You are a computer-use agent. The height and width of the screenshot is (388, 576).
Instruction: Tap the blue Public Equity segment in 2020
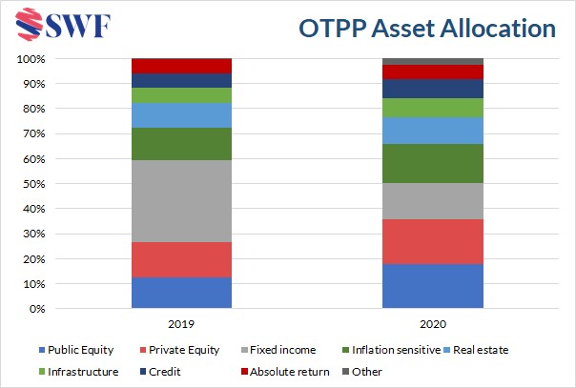click(x=432, y=286)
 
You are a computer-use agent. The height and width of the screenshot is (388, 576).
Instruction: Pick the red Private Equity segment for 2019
click(x=181, y=259)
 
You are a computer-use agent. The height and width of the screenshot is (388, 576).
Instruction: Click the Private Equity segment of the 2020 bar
click(x=432, y=241)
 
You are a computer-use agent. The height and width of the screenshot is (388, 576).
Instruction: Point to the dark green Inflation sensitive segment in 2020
click(x=432, y=163)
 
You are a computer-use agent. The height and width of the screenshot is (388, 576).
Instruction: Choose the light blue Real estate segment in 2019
click(x=181, y=114)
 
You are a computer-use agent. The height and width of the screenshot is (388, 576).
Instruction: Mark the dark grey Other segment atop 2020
click(x=432, y=61)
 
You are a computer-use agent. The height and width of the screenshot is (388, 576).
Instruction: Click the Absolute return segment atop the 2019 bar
click(x=181, y=66)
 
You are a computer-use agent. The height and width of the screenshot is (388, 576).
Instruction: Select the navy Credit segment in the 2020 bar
click(x=432, y=89)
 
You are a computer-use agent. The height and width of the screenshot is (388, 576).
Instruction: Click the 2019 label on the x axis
click(x=181, y=323)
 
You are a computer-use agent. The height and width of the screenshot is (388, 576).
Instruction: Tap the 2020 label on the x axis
click(x=432, y=323)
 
